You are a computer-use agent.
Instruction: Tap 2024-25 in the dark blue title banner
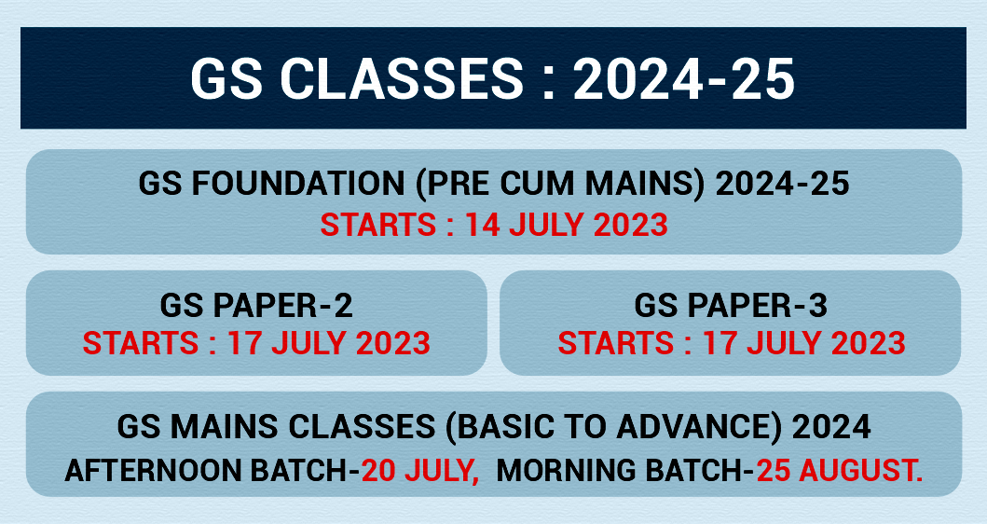(683, 79)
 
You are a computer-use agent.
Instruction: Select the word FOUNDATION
(297, 184)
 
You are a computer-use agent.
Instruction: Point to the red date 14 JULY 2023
(566, 225)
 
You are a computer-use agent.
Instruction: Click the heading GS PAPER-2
(256, 306)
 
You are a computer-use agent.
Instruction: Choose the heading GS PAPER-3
(731, 306)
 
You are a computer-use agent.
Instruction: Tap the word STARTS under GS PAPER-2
(141, 343)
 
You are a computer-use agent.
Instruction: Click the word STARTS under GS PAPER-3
(616, 343)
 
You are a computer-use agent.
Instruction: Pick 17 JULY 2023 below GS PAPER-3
(803, 343)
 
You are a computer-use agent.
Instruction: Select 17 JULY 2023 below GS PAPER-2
(329, 343)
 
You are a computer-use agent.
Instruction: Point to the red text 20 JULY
(419, 471)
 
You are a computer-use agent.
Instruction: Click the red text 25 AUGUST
(840, 471)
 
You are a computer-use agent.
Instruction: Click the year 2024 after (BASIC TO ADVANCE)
(831, 426)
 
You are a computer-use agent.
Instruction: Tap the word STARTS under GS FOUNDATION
(378, 225)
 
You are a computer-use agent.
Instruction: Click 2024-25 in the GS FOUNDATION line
(783, 184)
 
